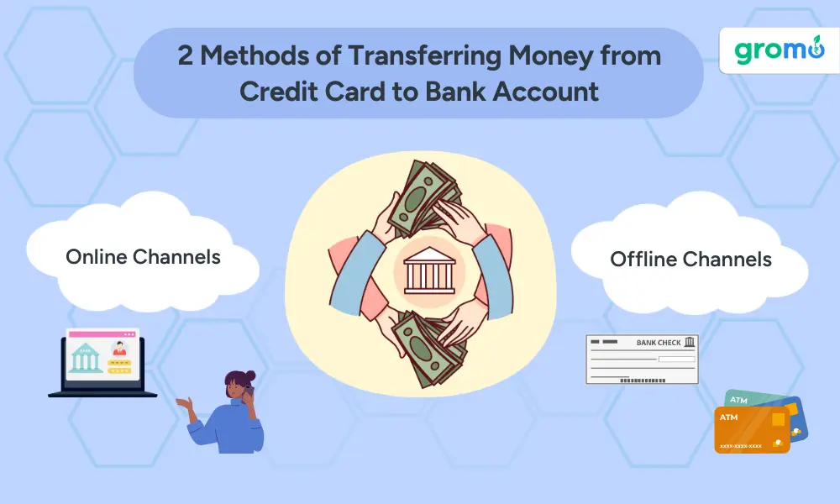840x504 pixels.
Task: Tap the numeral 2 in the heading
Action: coord(185,55)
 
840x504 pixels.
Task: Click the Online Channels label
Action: coord(143,256)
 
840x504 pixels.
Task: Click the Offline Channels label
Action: coord(690,259)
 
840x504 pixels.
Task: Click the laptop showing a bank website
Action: coord(102,364)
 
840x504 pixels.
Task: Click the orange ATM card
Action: coord(750,430)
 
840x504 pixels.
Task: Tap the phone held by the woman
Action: coord(250,392)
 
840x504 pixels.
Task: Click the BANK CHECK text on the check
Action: coord(659,343)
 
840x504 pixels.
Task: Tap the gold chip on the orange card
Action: coord(778,419)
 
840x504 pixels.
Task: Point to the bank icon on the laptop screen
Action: coord(87,359)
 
